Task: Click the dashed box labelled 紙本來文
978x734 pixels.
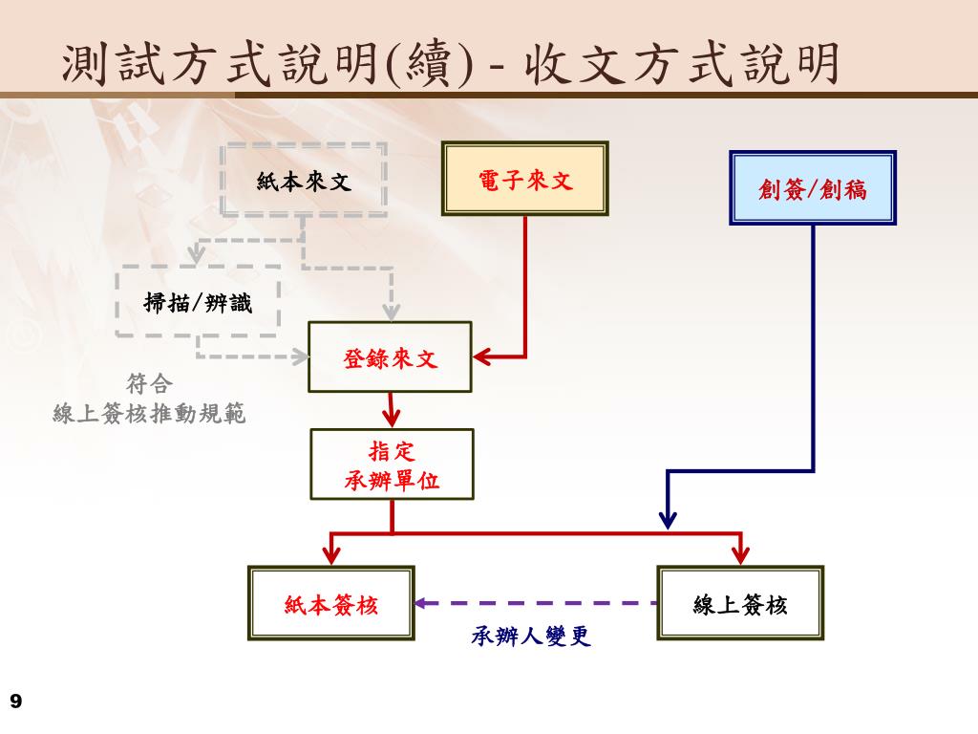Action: pyautogui.click(x=304, y=180)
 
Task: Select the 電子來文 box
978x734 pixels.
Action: pyautogui.click(x=524, y=179)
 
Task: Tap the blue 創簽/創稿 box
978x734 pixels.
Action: pyautogui.click(x=813, y=187)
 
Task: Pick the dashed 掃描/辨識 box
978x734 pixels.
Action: pyautogui.click(x=198, y=302)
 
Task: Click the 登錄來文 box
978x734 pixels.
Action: pyautogui.click(x=390, y=357)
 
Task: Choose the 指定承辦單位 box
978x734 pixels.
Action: pyautogui.click(x=392, y=464)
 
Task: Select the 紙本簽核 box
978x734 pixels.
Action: pyautogui.click(x=331, y=603)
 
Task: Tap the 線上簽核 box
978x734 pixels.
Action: pyautogui.click(x=740, y=603)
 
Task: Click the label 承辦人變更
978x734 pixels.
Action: pyautogui.click(x=531, y=637)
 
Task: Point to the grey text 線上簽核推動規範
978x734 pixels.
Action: pyautogui.click(x=149, y=414)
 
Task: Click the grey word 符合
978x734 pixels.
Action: pyautogui.click(x=149, y=384)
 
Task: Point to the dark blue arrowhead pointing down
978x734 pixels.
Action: pyautogui.click(x=668, y=519)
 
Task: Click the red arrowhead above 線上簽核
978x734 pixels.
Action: pyautogui.click(x=740, y=554)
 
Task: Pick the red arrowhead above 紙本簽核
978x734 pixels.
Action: pyautogui.click(x=331, y=554)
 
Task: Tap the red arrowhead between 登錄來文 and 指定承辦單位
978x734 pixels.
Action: pyautogui.click(x=391, y=417)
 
